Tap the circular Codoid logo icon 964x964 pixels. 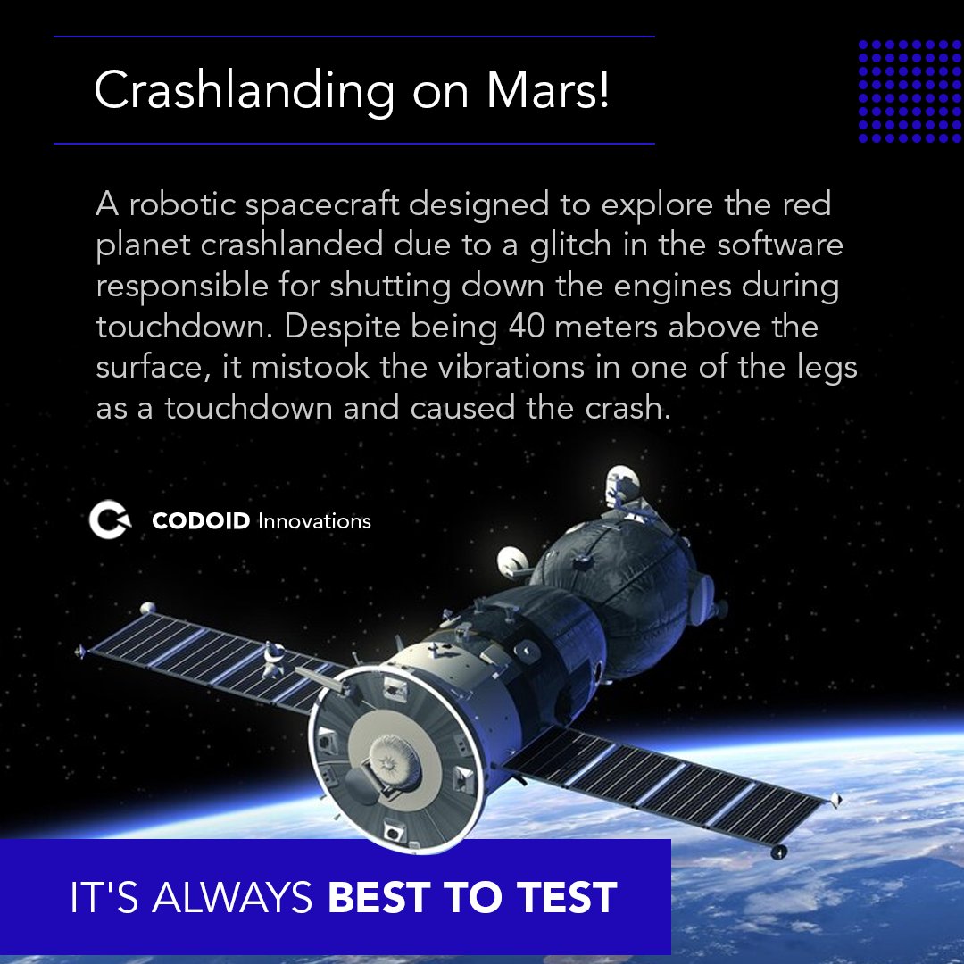coord(110,520)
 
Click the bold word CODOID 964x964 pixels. coord(201,521)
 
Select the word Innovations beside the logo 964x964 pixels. coord(314,521)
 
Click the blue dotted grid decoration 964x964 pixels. coord(910,91)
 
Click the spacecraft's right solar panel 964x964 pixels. coord(678,785)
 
